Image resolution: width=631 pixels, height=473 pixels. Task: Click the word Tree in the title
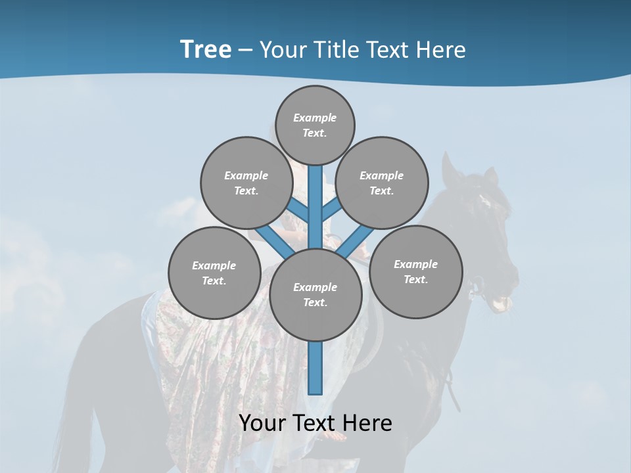[x=206, y=50]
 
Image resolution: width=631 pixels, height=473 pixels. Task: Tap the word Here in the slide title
[x=441, y=50]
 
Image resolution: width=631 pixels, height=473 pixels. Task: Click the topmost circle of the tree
[x=315, y=125]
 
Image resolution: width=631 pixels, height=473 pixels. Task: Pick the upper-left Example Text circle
[x=246, y=183]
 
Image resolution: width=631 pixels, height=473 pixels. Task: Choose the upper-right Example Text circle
[x=382, y=183]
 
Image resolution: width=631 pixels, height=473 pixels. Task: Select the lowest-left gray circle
[x=214, y=273]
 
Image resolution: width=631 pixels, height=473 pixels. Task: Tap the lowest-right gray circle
[x=416, y=271]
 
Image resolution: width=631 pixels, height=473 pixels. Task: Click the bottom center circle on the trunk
[x=315, y=295]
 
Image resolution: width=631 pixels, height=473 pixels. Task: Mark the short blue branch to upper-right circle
[x=332, y=209]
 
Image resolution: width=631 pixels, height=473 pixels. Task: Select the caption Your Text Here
[x=315, y=423]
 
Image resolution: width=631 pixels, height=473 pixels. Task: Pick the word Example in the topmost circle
[x=315, y=118]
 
